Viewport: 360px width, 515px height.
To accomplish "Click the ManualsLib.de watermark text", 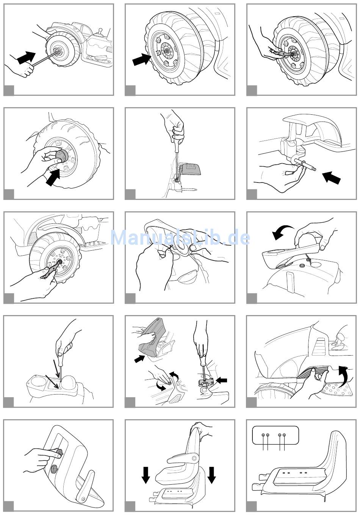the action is pos(180,237).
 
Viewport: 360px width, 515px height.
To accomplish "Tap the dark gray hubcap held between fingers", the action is pos(61,156).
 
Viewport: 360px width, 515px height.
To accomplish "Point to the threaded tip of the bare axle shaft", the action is pos(313,169).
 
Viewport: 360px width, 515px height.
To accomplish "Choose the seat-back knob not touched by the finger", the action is pos(55,468).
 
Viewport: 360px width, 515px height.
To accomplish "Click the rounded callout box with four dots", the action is pos(275,435).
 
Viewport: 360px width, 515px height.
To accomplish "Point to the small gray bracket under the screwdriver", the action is pos(206,382).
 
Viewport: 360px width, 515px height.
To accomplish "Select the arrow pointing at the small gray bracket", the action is pos(222,380).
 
